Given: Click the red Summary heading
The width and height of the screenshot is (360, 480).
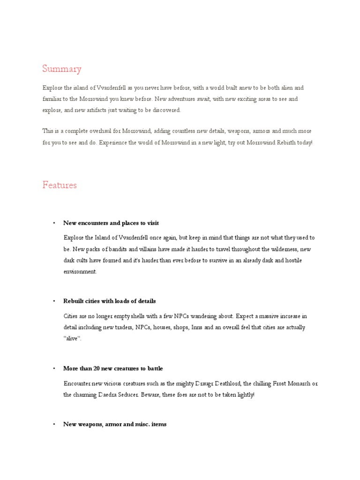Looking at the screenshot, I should (x=61, y=69).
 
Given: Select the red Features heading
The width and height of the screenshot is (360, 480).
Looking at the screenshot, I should (x=60, y=185).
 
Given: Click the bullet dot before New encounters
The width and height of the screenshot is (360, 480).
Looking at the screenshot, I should (x=54, y=223).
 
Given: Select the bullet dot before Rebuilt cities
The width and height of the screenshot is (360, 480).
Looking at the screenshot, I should (x=54, y=301).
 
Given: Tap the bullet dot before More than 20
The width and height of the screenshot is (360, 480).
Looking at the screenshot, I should (x=54, y=368).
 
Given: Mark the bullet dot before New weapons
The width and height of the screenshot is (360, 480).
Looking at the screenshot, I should (x=54, y=424).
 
